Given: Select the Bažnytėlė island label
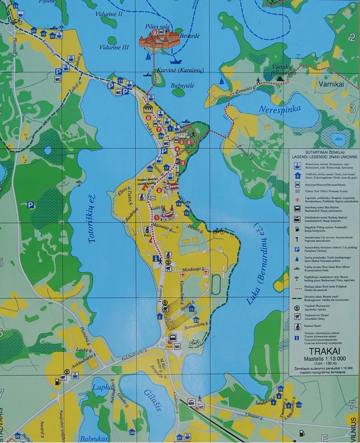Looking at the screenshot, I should [x=182, y=86].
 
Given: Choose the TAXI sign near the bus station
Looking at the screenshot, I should [x=169, y=347].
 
